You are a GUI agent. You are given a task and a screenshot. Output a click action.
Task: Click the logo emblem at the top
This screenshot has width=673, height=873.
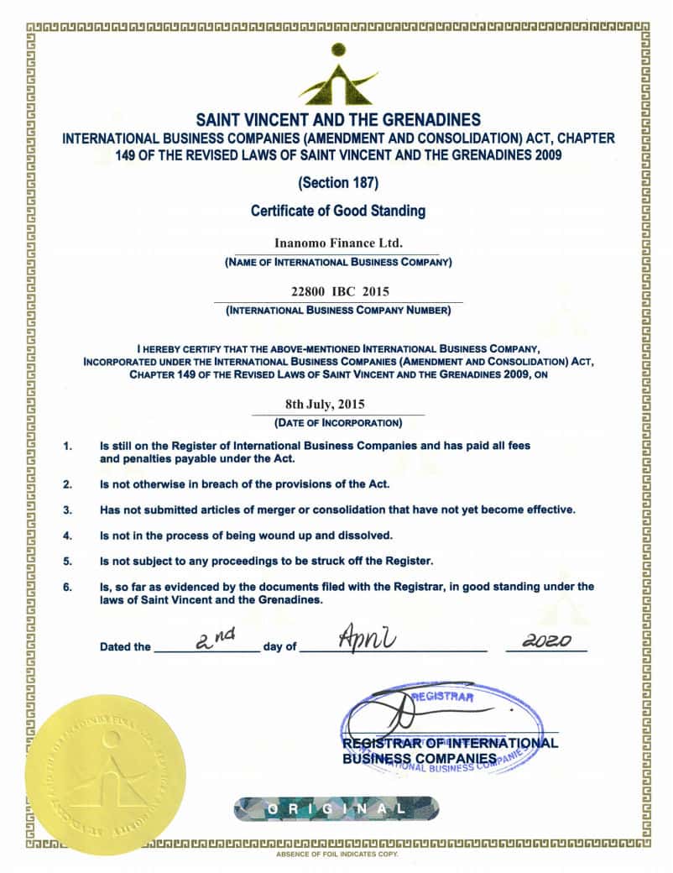click(x=336, y=76)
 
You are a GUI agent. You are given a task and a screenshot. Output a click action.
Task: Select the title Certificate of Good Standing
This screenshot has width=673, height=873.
click(x=338, y=211)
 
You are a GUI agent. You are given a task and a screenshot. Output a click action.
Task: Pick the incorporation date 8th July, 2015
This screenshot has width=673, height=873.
click(x=338, y=404)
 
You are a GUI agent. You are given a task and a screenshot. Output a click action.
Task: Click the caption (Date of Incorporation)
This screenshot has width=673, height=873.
click(x=338, y=421)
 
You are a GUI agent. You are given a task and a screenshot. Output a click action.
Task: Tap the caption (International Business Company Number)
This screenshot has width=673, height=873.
click(x=338, y=311)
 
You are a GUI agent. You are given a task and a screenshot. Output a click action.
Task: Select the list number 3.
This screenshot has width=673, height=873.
click(x=68, y=510)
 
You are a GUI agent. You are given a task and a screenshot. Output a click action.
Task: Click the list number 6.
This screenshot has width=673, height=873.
click(x=68, y=587)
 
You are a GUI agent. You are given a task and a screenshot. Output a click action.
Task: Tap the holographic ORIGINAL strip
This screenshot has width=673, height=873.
click(x=336, y=808)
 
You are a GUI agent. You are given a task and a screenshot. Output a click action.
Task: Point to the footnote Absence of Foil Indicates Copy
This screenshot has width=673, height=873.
click(x=337, y=854)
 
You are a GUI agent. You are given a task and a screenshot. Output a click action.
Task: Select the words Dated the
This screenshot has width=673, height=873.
click(x=125, y=647)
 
